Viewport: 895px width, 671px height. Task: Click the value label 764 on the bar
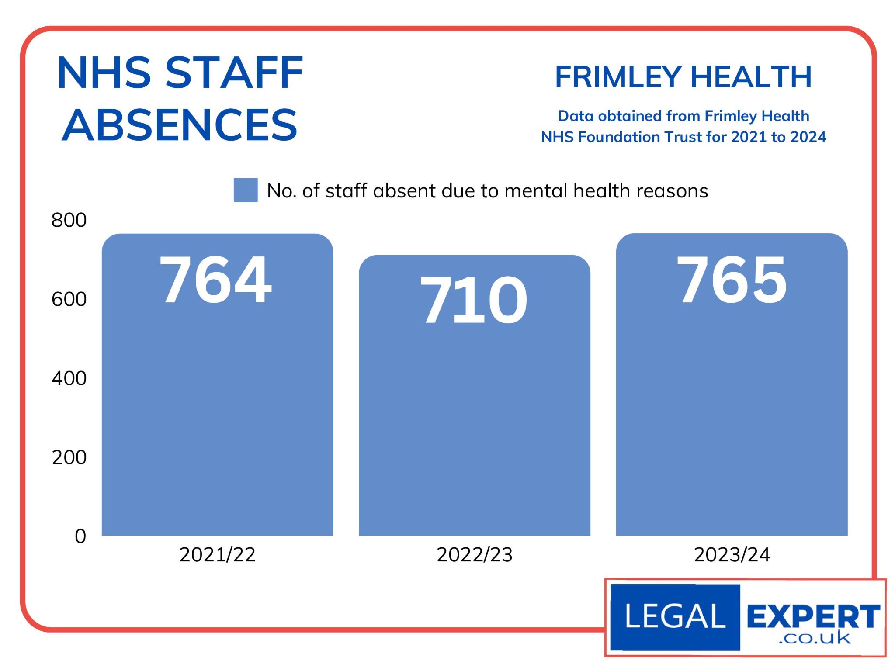click(x=215, y=280)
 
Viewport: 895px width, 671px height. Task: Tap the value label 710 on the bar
click(x=474, y=300)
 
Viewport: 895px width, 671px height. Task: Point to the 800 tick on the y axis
click(x=69, y=220)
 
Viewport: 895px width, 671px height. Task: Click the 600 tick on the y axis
click(x=69, y=299)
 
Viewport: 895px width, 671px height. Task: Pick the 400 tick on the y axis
click(x=69, y=378)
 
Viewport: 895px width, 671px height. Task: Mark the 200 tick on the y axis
click(x=69, y=457)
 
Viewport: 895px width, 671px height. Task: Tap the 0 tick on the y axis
click(x=80, y=536)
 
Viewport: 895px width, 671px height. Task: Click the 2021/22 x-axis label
click(x=217, y=555)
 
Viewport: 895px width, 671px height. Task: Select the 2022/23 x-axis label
click(x=475, y=555)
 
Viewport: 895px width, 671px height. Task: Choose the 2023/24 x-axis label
click(x=732, y=555)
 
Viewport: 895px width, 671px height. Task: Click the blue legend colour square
click(x=246, y=190)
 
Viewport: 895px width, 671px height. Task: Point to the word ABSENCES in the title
click(x=180, y=125)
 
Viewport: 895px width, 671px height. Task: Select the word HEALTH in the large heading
click(x=751, y=77)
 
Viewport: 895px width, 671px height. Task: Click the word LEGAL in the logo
click(x=675, y=616)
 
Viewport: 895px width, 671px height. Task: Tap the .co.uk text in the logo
click(x=815, y=639)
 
